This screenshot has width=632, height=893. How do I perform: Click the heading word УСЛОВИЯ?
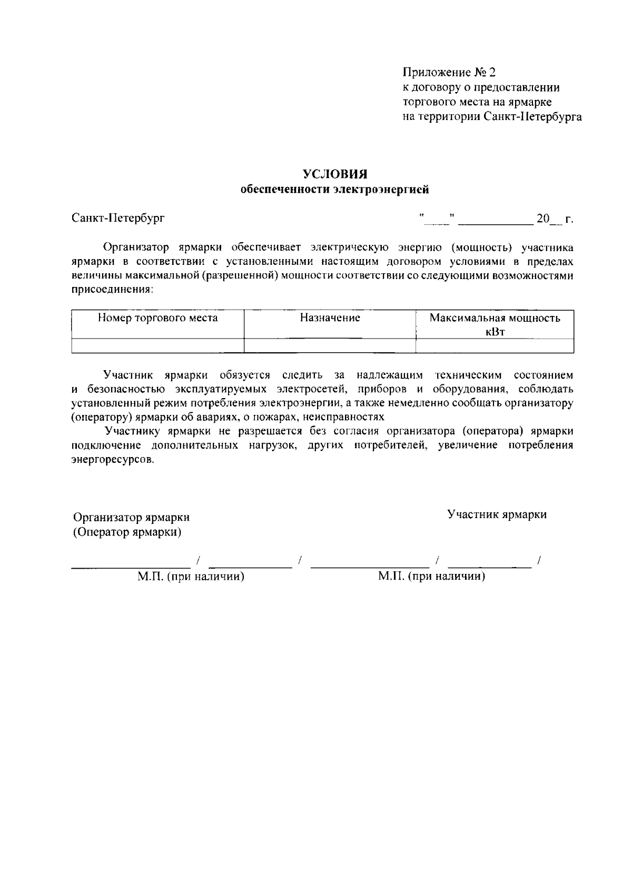tap(334, 174)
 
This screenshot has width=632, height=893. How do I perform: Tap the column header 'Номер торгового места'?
tap(157, 318)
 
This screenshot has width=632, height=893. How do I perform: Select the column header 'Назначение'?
tap(330, 318)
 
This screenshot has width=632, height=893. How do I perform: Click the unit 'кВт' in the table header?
tap(495, 332)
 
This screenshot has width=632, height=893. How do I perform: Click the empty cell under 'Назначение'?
tap(330, 345)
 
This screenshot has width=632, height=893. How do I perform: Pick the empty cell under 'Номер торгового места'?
tap(157, 345)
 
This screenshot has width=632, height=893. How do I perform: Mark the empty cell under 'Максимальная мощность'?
tap(495, 345)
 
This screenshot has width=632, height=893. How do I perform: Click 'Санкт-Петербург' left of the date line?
tap(118, 217)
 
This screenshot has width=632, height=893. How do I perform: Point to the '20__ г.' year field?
tap(553, 218)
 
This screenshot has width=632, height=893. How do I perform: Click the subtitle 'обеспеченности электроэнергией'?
tap(334, 190)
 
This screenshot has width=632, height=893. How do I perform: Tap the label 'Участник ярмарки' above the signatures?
tap(497, 514)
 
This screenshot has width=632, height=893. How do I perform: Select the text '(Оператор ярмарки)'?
tap(127, 532)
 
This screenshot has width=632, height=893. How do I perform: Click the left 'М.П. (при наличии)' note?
tap(191, 577)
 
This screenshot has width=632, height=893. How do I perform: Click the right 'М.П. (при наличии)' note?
tap(431, 577)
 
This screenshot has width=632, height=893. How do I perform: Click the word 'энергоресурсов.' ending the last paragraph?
tap(113, 459)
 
